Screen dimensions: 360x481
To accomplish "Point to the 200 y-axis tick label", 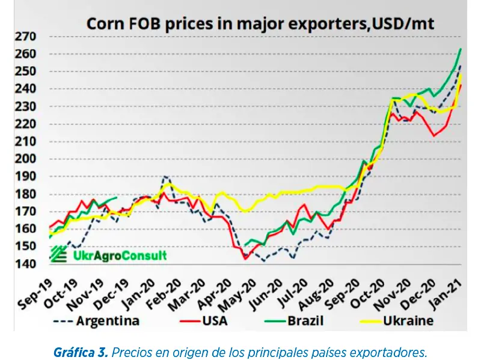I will click(x=26, y=159).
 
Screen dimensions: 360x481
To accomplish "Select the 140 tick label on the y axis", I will click(x=26, y=264).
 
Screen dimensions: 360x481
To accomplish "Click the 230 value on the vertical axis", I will click(x=26, y=107).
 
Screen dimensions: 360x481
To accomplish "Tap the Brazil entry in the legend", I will click(x=304, y=320).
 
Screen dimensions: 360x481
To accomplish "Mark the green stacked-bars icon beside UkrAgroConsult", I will click(x=58, y=255).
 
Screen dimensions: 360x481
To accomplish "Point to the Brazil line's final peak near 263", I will click(x=460, y=49).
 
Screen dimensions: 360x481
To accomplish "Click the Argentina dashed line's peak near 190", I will click(x=165, y=177).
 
